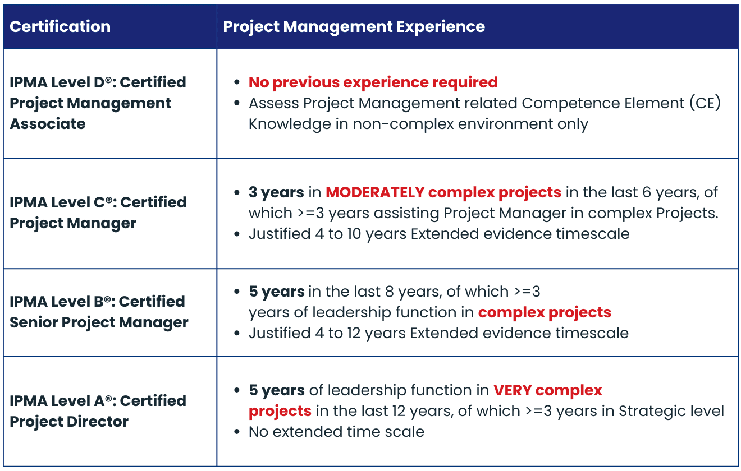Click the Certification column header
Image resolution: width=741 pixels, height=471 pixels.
tap(60, 26)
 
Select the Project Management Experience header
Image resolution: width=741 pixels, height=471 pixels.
tap(354, 27)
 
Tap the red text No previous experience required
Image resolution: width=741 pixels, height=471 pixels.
tap(373, 82)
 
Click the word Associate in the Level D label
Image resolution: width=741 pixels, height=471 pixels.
tap(47, 124)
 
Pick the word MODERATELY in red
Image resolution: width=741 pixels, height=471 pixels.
tap(375, 192)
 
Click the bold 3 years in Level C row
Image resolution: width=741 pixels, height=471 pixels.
tap(276, 192)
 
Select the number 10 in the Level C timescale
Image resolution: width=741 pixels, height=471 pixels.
tap(354, 234)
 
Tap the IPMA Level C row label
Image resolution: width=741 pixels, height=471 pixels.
tap(98, 213)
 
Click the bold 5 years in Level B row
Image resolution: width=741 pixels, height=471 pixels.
tap(277, 292)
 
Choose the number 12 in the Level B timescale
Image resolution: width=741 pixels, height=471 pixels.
tap(354, 333)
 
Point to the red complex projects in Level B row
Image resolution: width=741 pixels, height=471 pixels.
tap(545, 312)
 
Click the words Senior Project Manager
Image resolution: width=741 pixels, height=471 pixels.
tap(99, 322)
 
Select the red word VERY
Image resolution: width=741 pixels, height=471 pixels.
tap(513, 390)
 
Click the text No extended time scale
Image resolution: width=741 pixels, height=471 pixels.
tap(336, 432)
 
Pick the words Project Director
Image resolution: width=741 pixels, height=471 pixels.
tap(69, 422)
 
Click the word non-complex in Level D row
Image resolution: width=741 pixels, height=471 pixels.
tap(403, 124)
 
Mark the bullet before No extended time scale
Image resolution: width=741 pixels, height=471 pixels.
tap(236, 431)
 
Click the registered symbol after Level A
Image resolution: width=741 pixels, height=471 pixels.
tap(108, 398)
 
